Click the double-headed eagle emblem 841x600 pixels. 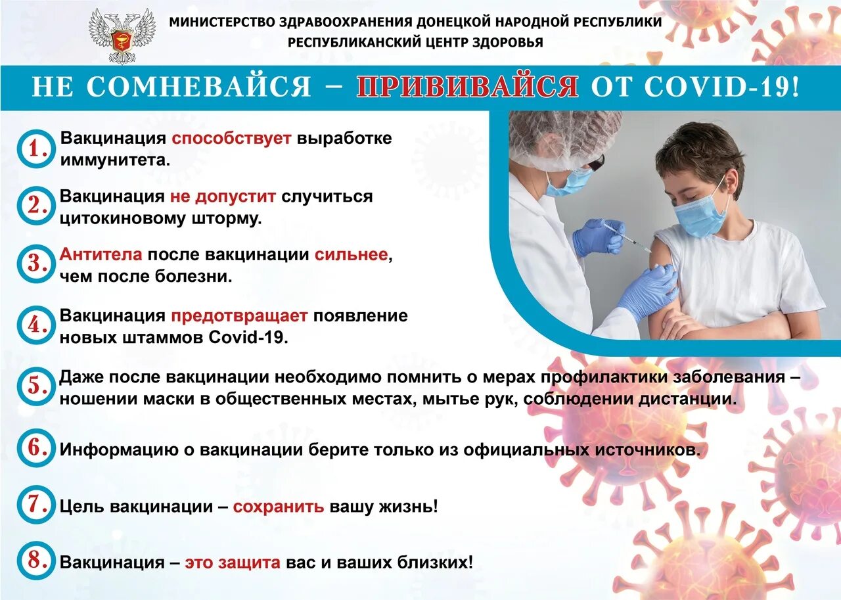122,35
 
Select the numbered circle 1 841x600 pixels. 35,149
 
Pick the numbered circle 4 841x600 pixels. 35,325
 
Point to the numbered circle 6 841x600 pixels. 35,449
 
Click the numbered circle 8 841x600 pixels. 35,561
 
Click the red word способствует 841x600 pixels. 231,139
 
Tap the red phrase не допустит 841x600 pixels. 225,196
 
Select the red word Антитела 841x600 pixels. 101,255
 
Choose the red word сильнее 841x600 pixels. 351,255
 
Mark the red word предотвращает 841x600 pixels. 239,315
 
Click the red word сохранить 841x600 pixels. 279,507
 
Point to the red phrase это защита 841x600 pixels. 233,563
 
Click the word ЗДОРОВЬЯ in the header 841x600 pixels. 505,43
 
